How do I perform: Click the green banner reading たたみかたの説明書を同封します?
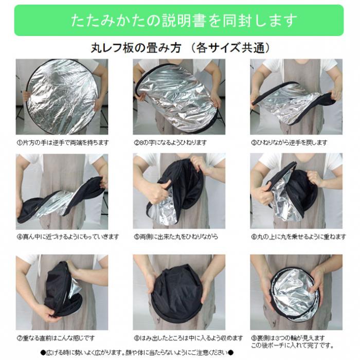coord(179,20)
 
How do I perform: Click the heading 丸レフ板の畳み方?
coord(136,48)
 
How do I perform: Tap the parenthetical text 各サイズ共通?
coord(230,48)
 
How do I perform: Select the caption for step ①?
coord(62,143)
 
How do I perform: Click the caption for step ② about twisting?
coord(170,143)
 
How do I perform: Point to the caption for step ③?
coord(289,143)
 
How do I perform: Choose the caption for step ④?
coord(68,237)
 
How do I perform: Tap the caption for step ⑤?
coord(176,237)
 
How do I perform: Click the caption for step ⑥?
coord(298,237)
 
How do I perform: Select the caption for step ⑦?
coord(56,338)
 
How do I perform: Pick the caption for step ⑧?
coord(188,338)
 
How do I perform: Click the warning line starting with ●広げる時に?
coord(137,352)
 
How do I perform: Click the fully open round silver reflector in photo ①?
coord(62,97)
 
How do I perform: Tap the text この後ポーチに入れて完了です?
coord(292,345)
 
